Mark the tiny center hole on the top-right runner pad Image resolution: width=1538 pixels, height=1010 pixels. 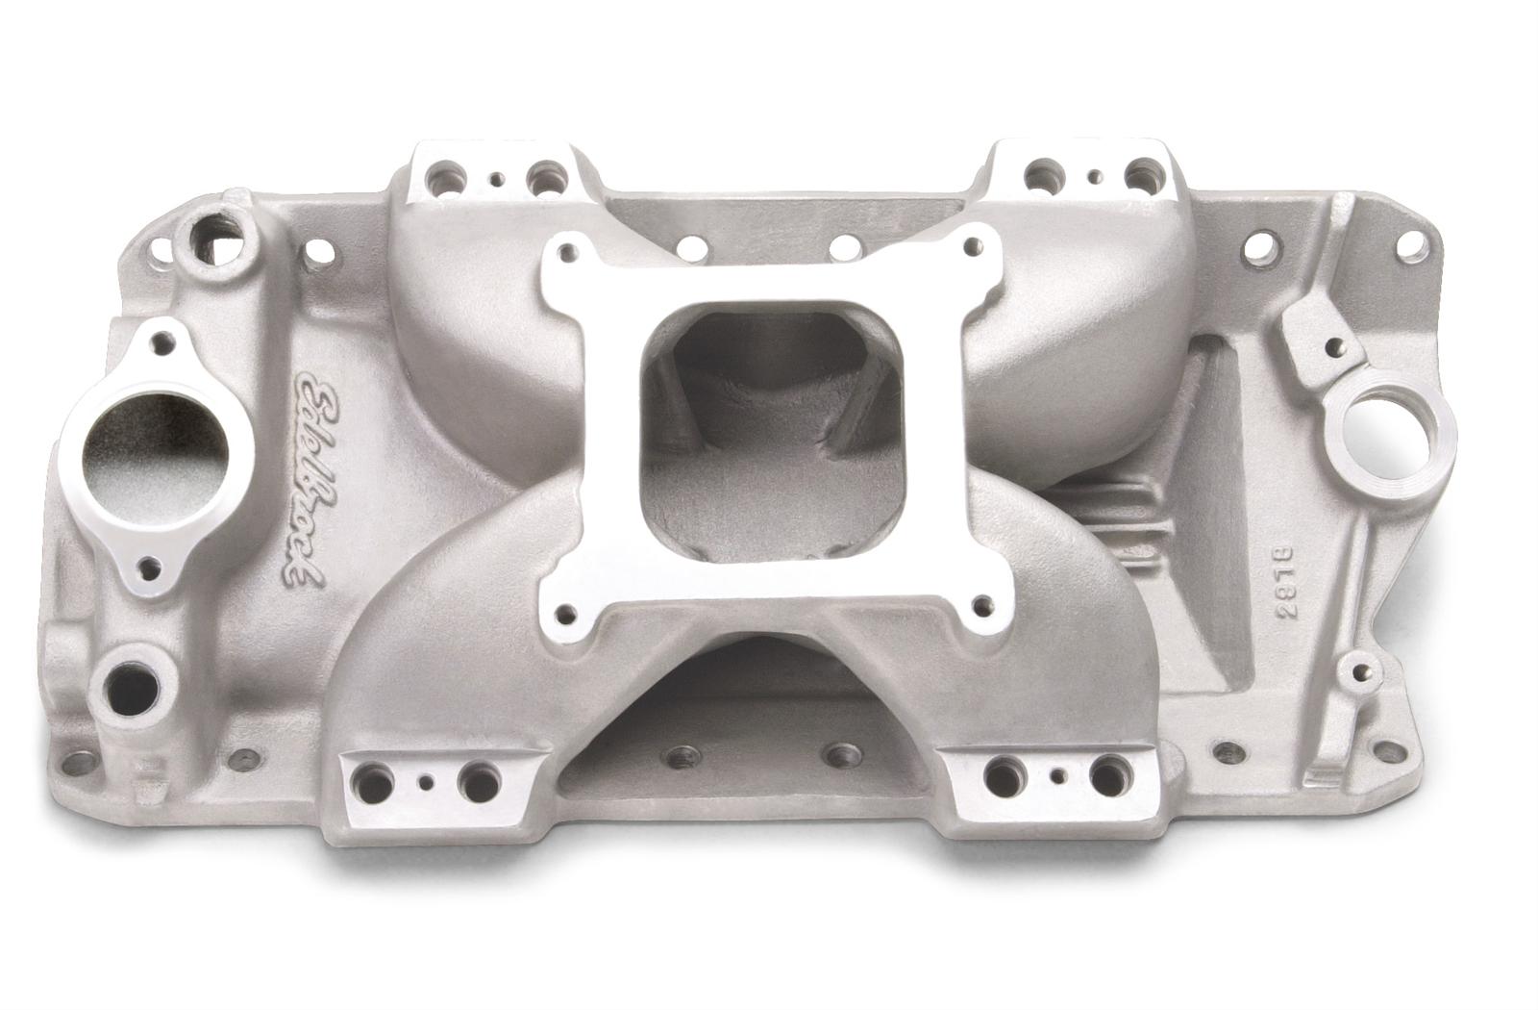[x=1095, y=177]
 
